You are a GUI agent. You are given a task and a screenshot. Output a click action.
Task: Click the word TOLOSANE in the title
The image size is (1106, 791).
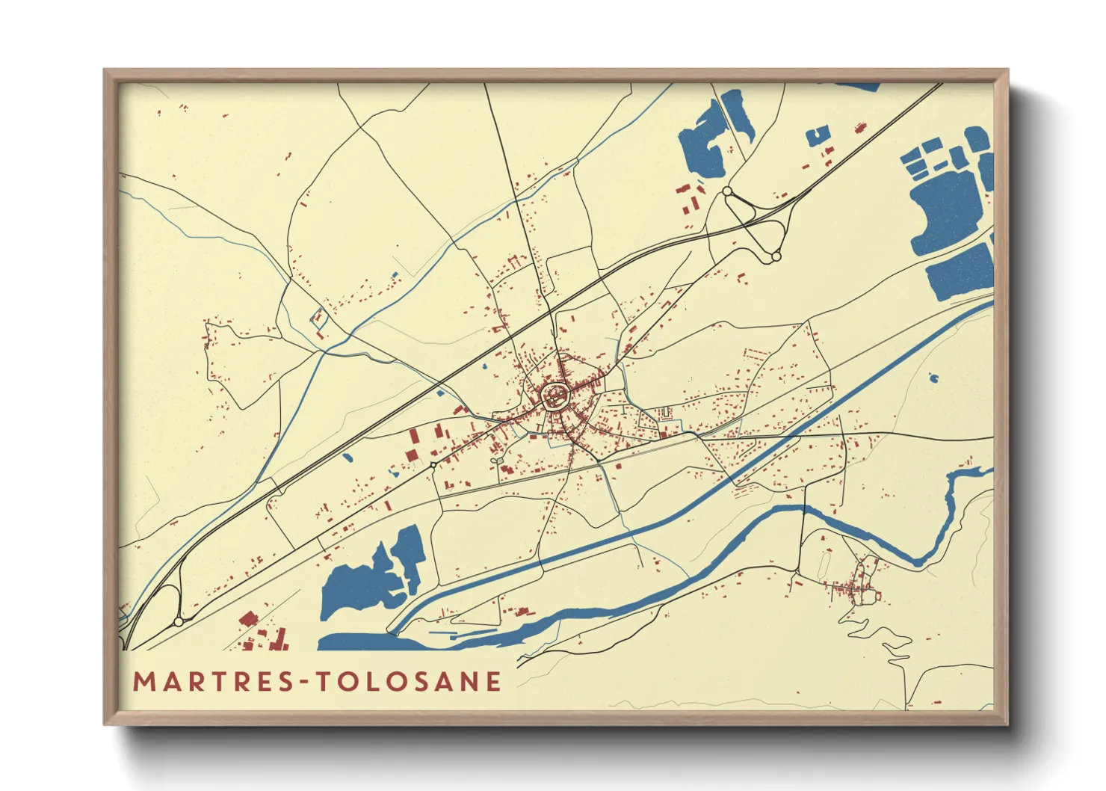click(408, 682)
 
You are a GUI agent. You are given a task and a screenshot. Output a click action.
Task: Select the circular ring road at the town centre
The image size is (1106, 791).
click(555, 394)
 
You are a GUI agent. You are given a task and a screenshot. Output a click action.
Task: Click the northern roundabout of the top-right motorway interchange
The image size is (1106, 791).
click(727, 192)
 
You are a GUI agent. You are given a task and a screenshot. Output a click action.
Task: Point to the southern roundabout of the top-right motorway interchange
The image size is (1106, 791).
click(776, 256)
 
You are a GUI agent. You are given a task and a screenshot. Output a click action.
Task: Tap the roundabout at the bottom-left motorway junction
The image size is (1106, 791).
click(178, 621)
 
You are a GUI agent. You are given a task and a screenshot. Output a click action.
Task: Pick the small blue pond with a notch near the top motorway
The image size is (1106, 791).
click(818, 136)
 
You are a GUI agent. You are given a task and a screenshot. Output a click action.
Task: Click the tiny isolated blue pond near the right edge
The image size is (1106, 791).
click(933, 378)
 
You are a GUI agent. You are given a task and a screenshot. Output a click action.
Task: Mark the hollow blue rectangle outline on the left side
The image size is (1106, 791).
click(319, 317)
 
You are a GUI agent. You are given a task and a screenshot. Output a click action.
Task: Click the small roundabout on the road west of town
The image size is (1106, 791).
click(433, 465)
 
